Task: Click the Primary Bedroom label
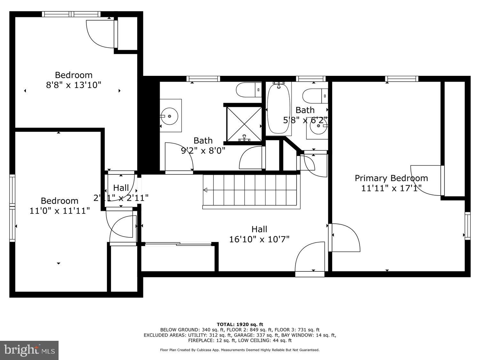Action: coord(391,178)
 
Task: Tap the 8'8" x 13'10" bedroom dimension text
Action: coord(74,85)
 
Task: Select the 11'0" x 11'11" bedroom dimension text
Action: coord(60,211)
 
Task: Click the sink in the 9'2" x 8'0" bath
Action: coord(170,116)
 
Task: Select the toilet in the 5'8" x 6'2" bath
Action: coord(315,96)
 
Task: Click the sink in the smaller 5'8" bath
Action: coord(318,126)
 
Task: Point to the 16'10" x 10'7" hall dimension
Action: coord(259,239)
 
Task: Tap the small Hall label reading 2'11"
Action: coord(121,188)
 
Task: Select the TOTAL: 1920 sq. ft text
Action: coord(240,324)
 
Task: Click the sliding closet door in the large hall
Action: coord(178,244)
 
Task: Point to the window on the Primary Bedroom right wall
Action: coord(468,226)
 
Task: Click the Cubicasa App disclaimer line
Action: coord(240,350)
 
